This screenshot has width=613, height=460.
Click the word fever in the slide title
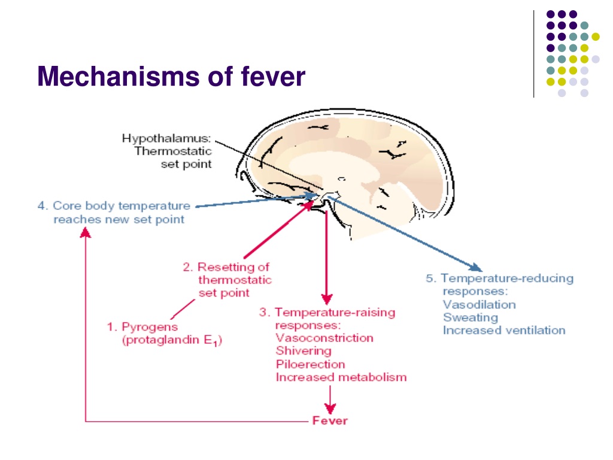point(273,76)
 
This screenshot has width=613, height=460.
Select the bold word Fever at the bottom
point(330,420)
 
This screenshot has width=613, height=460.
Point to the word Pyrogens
point(150,327)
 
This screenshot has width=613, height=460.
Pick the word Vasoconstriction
point(324,338)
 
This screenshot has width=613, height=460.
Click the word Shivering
point(304,351)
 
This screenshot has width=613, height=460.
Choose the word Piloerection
point(311,364)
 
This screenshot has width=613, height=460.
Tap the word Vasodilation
point(480,304)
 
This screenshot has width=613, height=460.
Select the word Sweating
point(471,317)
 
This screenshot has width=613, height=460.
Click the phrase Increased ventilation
point(504,330)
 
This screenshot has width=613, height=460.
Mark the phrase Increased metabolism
point(341,377)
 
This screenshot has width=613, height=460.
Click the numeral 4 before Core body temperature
point(41,206)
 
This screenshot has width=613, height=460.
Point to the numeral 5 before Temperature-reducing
point(429,278)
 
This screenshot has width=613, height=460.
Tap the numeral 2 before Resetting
point(187,267)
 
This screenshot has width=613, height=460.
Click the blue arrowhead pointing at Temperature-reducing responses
point(476,268)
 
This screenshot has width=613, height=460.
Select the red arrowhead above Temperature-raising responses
point(327,299)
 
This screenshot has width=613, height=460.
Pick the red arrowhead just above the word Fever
point(330,408)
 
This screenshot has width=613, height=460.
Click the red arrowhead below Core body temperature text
point(85,233)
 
